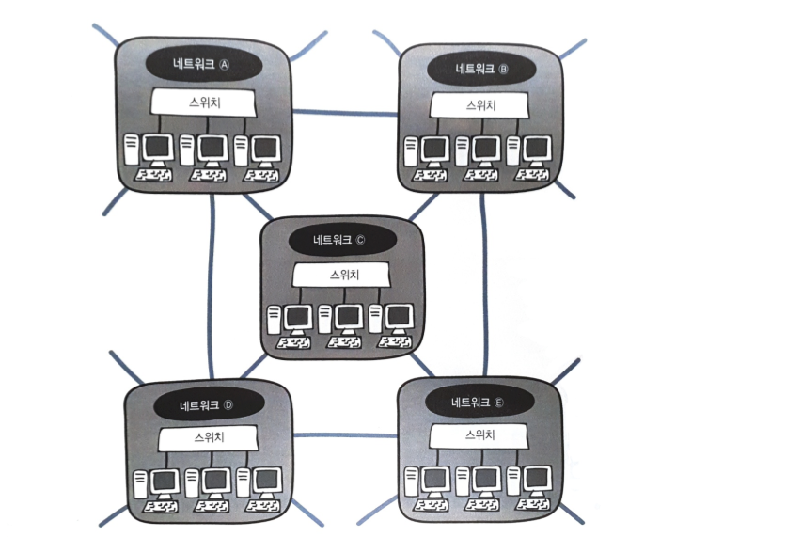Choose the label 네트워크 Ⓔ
pyautogui.click(x=477, y=403)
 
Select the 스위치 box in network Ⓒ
pyautogui.click(x=339, y=275)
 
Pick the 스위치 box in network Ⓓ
pyautogui.click(x=207, y=437)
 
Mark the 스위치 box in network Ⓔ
pyautogui.click(x=477, y=435)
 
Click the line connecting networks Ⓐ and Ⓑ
pyautogui.click(x=345, y=113)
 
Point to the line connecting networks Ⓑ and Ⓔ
pyautogui.click(x=484, y=282)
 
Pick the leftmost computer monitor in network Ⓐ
pyautogui.click(x=157, y=148)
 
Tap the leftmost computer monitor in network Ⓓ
pyautogui.click(x=165, y=482)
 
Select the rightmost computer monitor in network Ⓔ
pyautogui.click(x=536, y=480)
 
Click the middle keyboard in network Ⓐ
pyautogui.click(x=207, y=175)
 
